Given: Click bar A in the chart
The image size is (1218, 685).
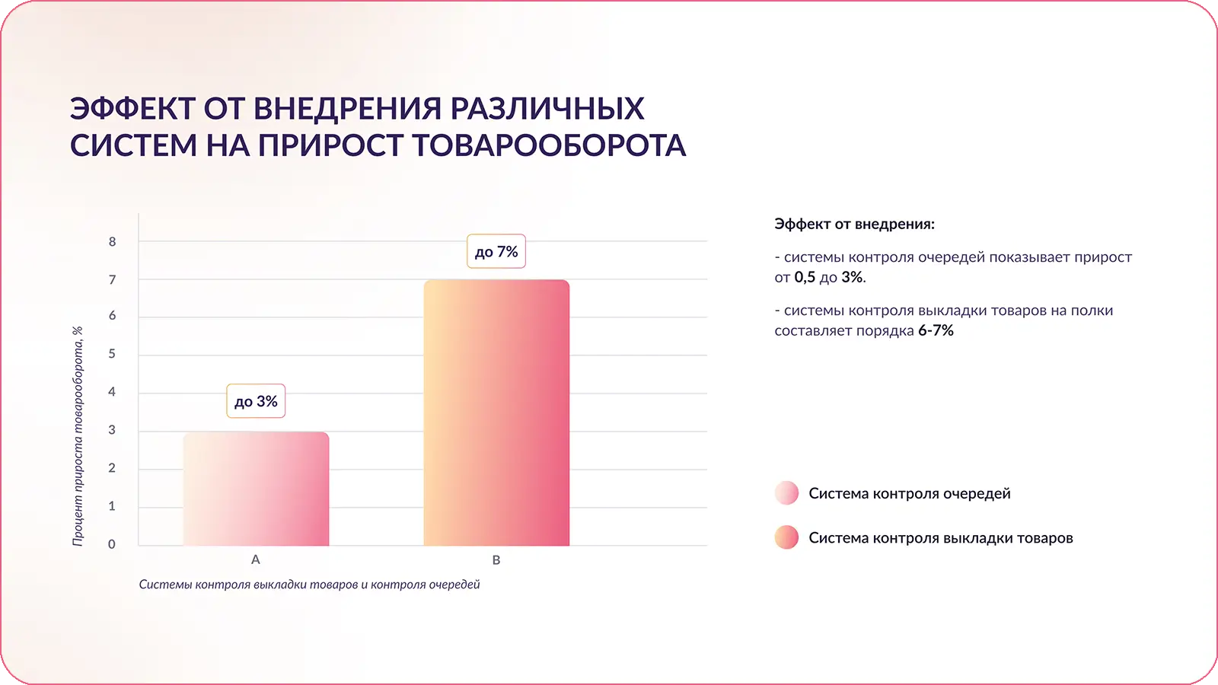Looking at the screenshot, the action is coord(256,489).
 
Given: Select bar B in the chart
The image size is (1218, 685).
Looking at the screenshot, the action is coord(496,413).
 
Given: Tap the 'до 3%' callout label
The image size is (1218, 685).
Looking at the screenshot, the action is coord(256,401).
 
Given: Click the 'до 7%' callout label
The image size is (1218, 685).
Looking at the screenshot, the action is coord(496,251).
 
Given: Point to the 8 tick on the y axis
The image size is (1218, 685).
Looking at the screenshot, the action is coord(112,242).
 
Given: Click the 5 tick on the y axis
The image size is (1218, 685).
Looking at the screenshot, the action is coord(112,354).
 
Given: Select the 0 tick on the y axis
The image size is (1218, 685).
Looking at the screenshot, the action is coord(111,544).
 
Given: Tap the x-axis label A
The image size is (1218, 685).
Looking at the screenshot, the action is coord(256,559).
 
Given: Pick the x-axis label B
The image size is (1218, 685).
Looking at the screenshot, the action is coord(496,560).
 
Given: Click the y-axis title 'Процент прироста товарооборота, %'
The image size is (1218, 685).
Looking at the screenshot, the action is coord(77,436).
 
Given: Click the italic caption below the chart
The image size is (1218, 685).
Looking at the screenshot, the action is coord(309,585).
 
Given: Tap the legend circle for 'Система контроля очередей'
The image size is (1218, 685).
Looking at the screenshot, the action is coord(786,493).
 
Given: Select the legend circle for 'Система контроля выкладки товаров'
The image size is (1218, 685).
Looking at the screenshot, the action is coord(786,537).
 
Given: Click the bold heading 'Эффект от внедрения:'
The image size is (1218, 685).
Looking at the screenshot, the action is coord(854,224).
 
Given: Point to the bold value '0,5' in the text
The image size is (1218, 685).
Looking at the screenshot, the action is coord(805,277).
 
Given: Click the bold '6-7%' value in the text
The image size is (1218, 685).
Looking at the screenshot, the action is coord(936,330).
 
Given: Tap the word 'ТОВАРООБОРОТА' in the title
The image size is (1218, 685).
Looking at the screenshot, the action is coord(549,145).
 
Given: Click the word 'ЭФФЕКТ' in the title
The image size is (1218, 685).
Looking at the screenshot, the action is coord(132,108).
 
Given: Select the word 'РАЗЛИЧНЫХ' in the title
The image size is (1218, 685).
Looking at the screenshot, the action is coord(547,108).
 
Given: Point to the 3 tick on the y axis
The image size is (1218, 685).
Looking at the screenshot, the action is coord(112,430).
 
